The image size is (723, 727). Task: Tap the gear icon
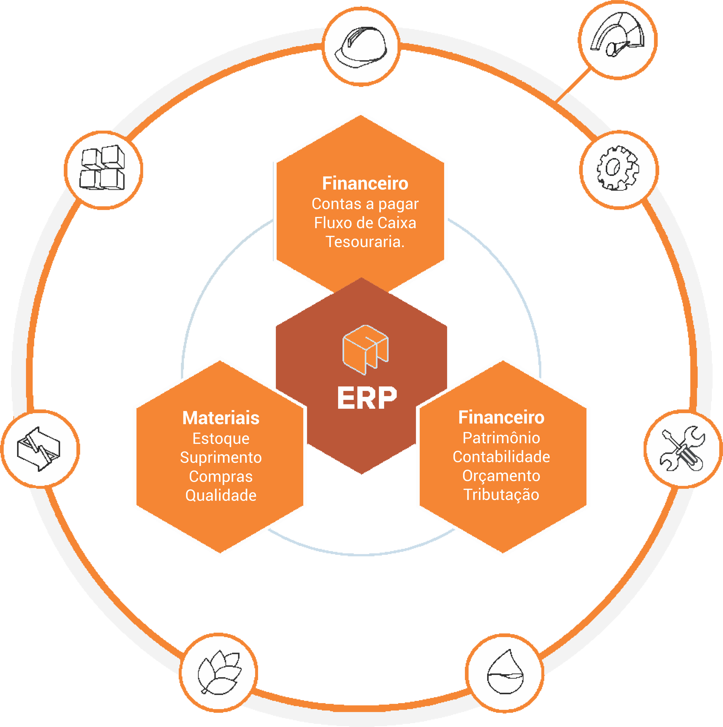click(x=618, y=168)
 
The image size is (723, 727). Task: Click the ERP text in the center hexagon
click(x=367, y=398)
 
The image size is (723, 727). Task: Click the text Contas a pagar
click(x=365, y=204)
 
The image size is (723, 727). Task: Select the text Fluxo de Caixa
click(x=365, y=223)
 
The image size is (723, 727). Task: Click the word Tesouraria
click(x=365, y=242)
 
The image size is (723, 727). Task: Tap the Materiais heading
click(x=221, y=418)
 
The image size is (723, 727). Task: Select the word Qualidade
click(x=221, y=495)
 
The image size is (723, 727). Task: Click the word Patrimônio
click(x=501, y=438)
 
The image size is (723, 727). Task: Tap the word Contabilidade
click(x=501, y=456)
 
